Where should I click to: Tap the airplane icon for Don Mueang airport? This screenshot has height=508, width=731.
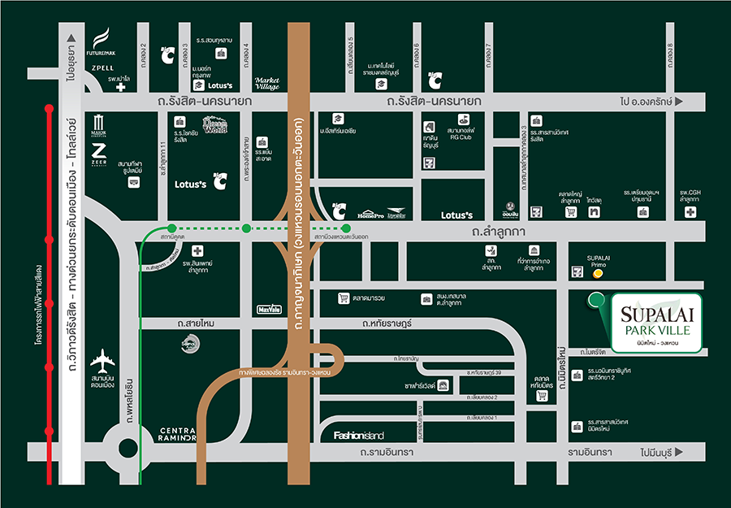pos(103,358)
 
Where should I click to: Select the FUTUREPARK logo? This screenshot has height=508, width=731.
pos(102,41)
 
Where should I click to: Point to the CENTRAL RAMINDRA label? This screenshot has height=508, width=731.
pos(167,434)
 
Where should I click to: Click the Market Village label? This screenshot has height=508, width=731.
pos(267,83)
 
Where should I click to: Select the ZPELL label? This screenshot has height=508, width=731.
pos(102,68)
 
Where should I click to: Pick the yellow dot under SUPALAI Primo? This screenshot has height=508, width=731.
pos(599,275)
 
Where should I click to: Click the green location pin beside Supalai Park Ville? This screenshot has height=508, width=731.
pos(596,301)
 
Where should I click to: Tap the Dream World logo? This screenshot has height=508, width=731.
pos(217,126)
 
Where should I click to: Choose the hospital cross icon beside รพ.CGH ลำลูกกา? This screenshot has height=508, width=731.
pos(690,212)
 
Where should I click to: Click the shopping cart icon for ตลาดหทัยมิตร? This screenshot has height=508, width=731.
pos(543,396)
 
